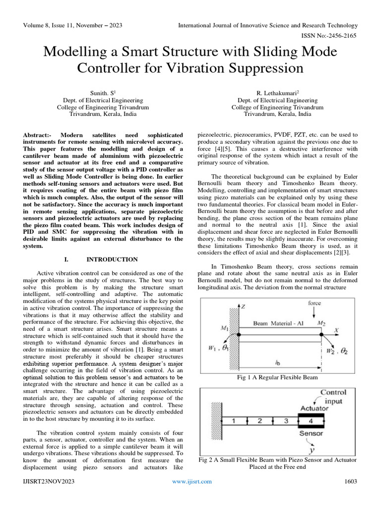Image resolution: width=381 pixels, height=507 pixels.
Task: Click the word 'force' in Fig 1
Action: [x=315, y=303]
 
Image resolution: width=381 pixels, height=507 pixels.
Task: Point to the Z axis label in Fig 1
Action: [x=244, y=307]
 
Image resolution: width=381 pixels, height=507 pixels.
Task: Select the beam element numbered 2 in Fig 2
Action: [x=259, y=421]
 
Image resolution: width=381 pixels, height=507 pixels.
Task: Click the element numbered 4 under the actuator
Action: [x=311, y=421]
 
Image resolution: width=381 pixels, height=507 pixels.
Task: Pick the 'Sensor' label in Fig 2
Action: [x=311, y=434]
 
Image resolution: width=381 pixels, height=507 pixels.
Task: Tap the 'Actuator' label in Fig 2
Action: [x=315, y=408]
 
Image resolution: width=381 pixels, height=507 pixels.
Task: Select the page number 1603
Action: [x=351, y=481]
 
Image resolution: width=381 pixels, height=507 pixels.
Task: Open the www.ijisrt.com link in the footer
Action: [x=191, y=481]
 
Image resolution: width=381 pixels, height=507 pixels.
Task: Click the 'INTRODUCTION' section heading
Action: [x=112, y=259]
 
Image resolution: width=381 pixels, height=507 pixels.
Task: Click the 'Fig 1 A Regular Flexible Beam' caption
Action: [x=277, y=378]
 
